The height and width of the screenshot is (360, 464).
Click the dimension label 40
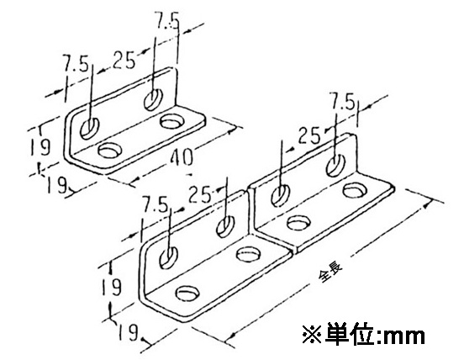coord(181,156)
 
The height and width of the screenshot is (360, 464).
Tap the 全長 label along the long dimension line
coord(330,273)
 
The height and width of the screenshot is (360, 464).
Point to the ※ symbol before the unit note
coord(312,335)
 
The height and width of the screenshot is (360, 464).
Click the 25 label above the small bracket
coord(124,60)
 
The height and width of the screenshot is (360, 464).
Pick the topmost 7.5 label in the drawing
coord(168,21)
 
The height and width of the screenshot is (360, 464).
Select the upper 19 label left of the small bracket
coord(40,146)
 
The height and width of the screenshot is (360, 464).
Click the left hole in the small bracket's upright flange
coord(90,128)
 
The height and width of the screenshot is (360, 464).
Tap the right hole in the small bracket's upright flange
coord(153,99)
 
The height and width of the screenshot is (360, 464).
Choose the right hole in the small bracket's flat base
coord(171,121)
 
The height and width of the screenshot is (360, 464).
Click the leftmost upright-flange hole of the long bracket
coord(168,257)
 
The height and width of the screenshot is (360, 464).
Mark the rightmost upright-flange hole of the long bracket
coord(336,165)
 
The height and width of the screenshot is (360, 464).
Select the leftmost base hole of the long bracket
coord(187,293)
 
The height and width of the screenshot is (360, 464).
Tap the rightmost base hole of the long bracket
coord(355,190)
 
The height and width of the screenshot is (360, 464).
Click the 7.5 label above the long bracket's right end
coord(343,103)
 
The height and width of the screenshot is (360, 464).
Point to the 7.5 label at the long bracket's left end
coord(155,204)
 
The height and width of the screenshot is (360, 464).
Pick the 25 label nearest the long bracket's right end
coord(309,136)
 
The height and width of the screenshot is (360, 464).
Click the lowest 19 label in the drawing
coord(128,332)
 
